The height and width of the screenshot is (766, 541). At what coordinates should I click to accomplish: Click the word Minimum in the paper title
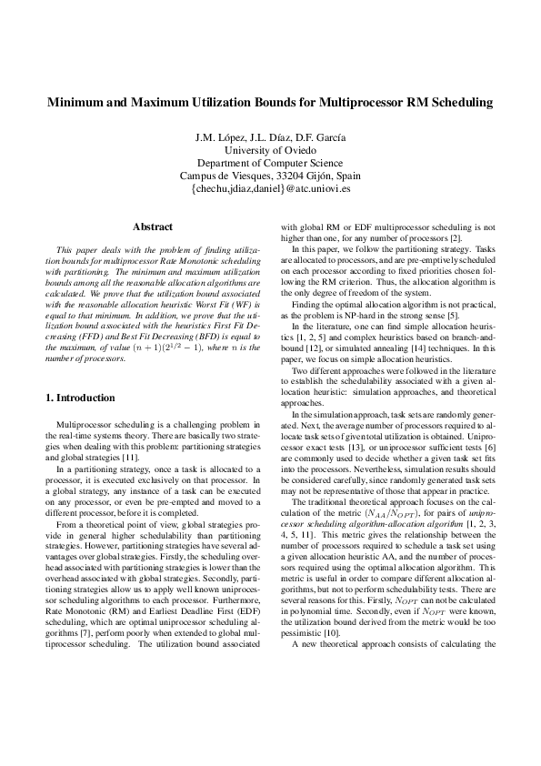coord(77,103)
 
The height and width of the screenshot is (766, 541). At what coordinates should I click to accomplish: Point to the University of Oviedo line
coord(270,150)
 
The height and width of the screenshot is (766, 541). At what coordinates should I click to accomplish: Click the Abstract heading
coord(153,226)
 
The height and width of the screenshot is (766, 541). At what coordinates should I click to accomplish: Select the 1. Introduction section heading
coord(80,398)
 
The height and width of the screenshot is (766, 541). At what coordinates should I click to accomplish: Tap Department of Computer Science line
coord(270,163)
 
